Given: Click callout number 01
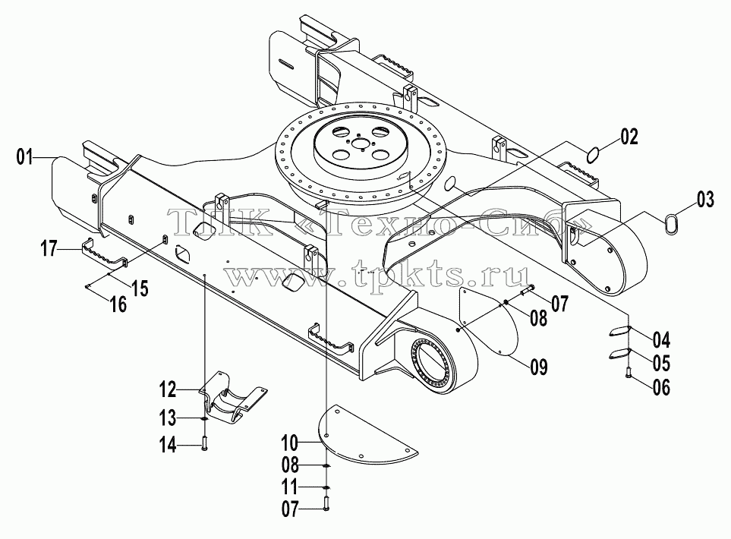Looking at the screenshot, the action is pos(25,157).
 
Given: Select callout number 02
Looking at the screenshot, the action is pos(629,137).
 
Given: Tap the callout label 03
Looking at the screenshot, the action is pos(705,199).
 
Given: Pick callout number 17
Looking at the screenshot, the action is pos(49,248).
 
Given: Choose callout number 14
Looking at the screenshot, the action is pos(169,446).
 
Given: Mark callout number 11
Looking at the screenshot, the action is pos(289,487).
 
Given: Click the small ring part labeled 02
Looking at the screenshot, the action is pos(593,155).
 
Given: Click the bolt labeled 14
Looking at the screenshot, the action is pos(205,442).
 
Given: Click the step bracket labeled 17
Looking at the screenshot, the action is pos(105,254).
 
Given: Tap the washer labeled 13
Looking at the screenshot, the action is pos(205,419).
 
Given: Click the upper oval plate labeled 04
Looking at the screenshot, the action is pos(619,330).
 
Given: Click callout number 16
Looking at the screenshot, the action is pos(119,305).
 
